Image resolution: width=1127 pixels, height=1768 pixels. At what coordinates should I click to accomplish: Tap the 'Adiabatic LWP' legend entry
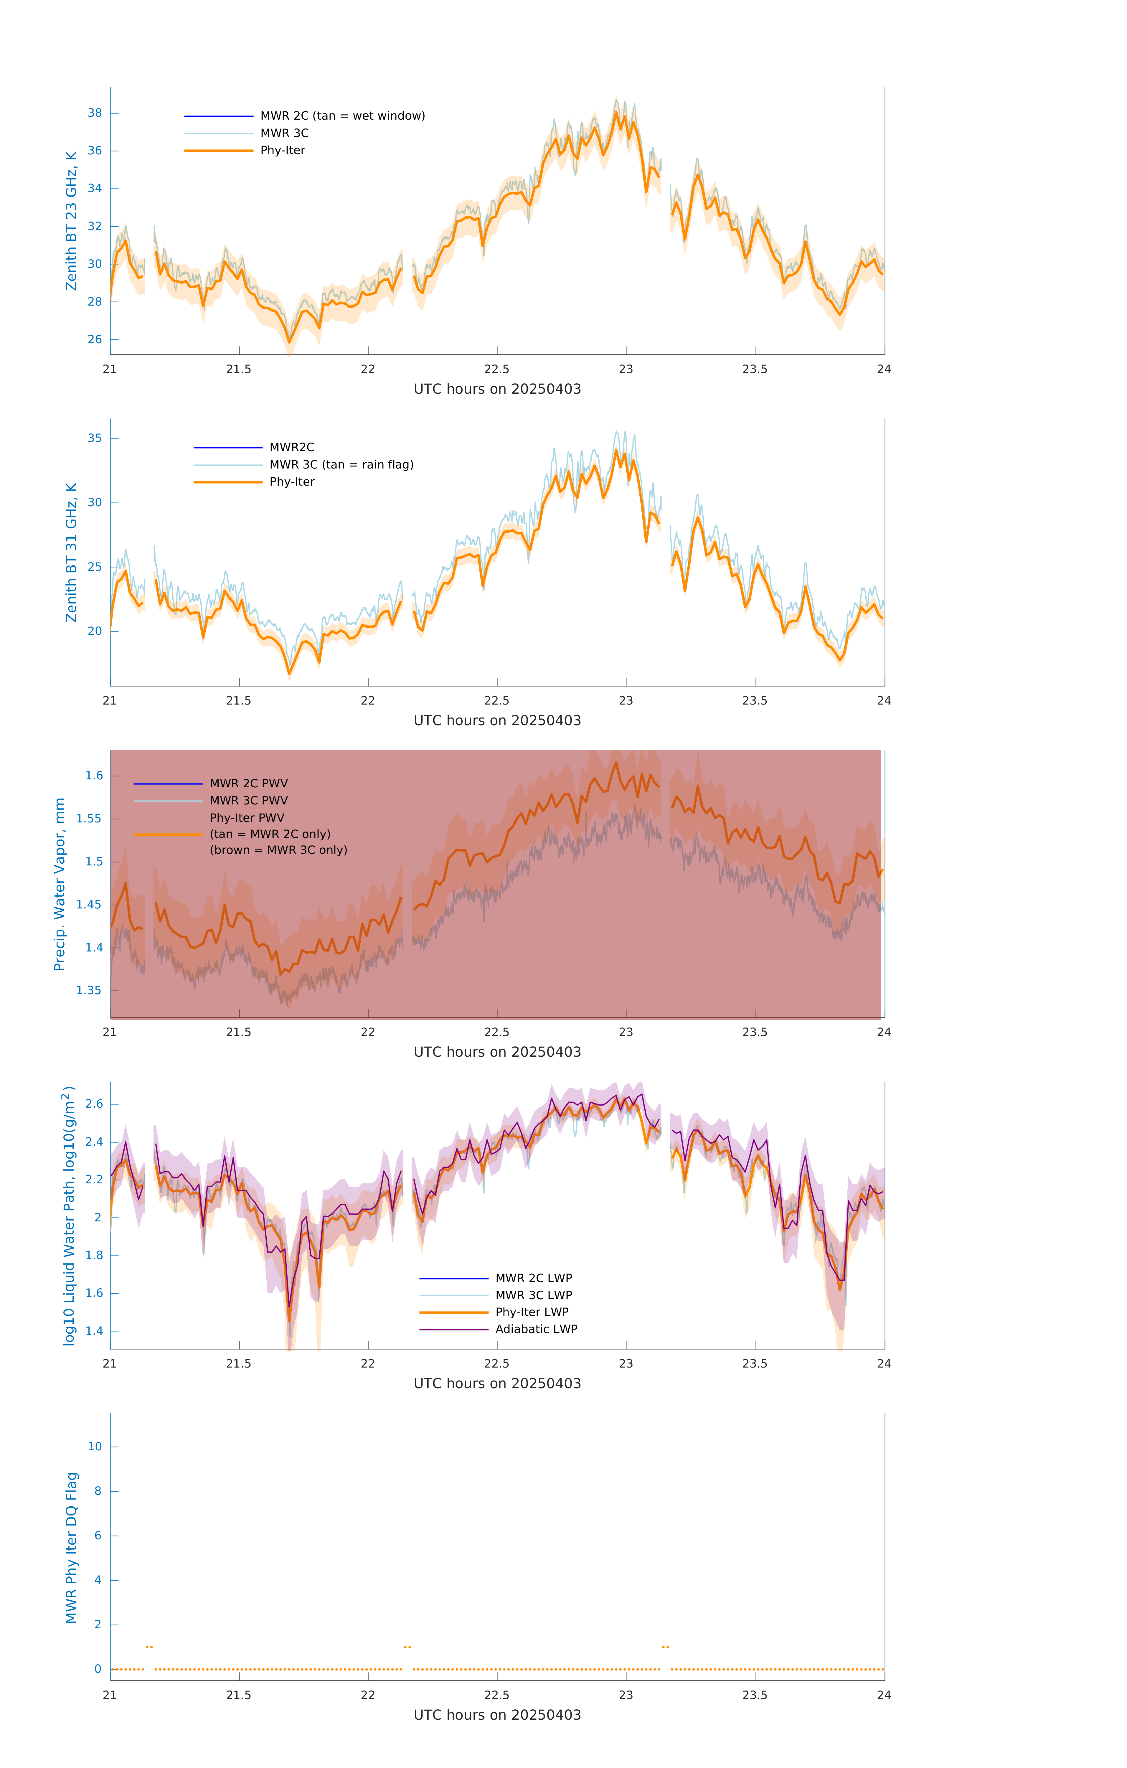[536, 1329]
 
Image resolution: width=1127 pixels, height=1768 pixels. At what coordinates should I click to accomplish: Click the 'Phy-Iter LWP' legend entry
[532, 1312]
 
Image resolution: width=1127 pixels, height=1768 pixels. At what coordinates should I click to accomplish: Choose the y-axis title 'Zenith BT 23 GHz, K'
[71, 221]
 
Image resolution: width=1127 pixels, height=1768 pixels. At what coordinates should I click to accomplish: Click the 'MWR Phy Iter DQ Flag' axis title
[71, 1548]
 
